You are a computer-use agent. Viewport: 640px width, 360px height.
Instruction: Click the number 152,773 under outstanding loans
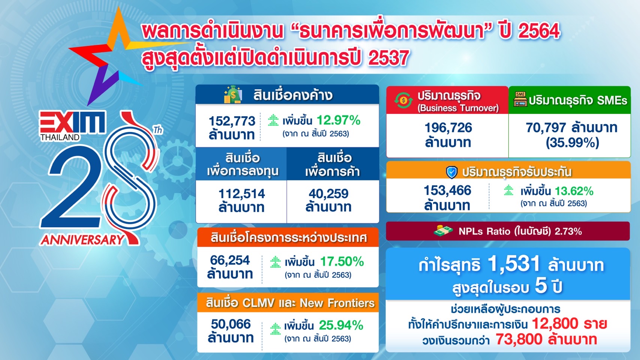tap(232, 121)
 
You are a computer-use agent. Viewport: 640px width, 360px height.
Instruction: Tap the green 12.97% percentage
tap(338, 120)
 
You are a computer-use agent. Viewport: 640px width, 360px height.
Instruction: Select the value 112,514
tap(242, 193)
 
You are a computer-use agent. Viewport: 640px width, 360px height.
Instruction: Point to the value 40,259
tap(329, 193)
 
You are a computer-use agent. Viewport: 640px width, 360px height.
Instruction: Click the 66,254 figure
tap(230, 260)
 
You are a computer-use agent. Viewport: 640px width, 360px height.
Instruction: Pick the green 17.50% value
tap(342, 261)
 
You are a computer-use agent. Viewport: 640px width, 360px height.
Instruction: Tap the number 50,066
tap(231, 324)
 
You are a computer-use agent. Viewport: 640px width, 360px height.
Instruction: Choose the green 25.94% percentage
tap(341, 325)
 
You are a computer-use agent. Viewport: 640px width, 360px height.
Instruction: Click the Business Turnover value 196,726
tap(448, 127)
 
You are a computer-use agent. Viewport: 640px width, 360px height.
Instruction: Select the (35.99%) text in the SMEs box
tap(572, 142)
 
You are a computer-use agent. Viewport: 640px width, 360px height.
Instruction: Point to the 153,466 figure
tap(447, 190)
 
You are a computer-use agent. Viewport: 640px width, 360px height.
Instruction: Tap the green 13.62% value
tap(574, 191)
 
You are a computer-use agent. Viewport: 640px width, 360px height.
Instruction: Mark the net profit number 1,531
tap(514, 263)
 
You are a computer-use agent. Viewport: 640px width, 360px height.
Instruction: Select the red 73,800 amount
tap(519, 339)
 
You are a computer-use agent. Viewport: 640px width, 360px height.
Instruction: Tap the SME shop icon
tap(520, 99)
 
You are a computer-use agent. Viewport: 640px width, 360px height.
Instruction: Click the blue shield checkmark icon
tap(452, 172)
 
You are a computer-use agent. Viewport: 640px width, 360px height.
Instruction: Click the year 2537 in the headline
tap(389, 58)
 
